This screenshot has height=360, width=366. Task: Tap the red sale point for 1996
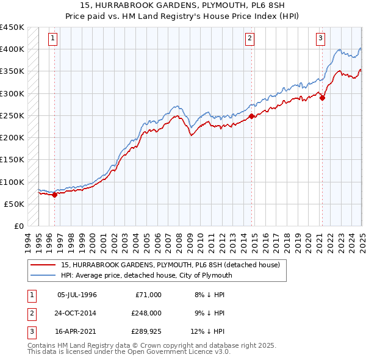[54, 195]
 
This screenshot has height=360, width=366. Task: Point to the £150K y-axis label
[12, 160]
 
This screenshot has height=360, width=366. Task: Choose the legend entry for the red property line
[170, 265]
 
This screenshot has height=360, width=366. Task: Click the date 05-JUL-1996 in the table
[77, 295]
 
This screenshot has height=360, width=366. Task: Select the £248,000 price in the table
[146, 313]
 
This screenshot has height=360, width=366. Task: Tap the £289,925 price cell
[146, 331]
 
